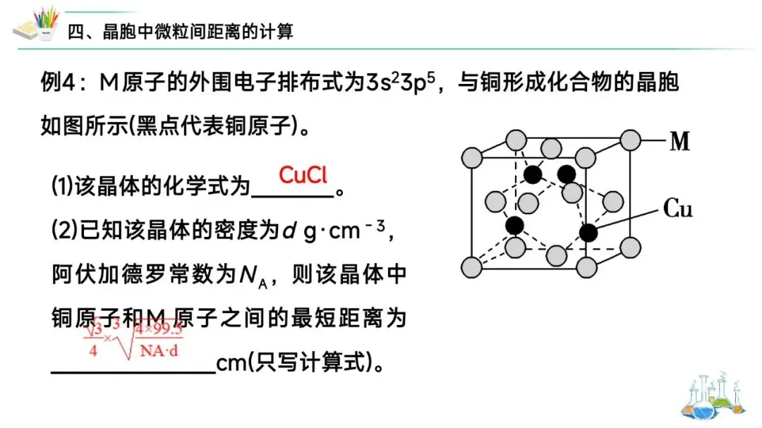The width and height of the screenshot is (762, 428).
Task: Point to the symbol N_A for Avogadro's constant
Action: tap(250, 276)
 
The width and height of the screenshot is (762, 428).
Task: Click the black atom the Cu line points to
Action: tap(587, 232)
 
